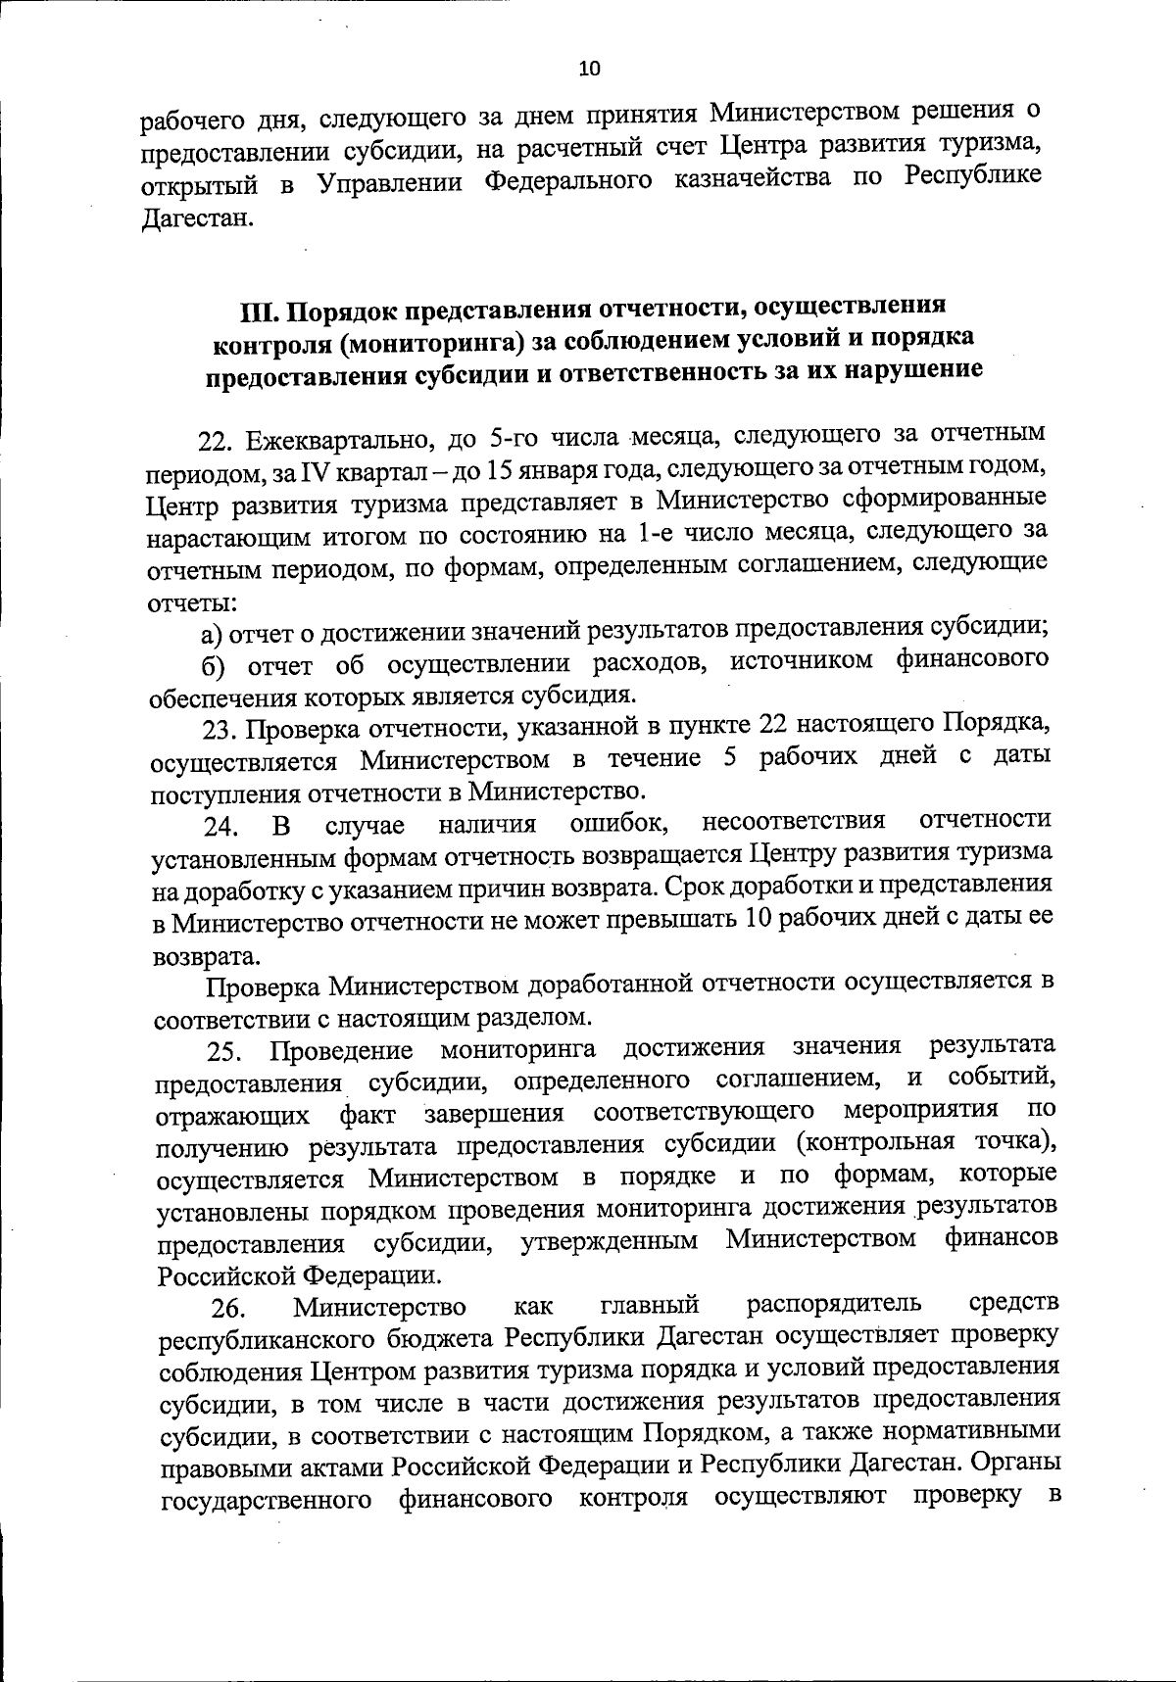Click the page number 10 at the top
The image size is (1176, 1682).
[x=590, y=69]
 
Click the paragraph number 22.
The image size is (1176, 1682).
[x=214, y=442]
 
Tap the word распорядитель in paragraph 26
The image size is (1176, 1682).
[x=835, y=1304]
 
